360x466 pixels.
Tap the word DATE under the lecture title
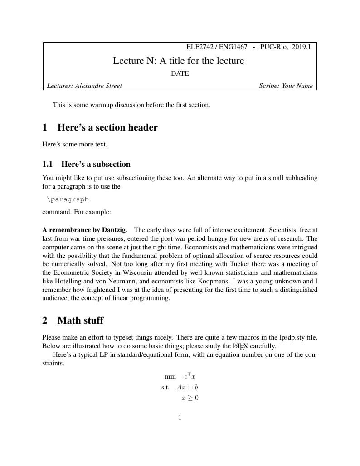(180, 73)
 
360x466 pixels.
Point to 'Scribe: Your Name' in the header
(286, 86)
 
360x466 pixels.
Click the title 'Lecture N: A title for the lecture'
(178, 61)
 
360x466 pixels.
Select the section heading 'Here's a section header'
(107, 127)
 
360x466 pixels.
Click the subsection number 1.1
(48, 164)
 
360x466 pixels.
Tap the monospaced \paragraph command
(68, 199)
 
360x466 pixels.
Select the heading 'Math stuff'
(80, 320)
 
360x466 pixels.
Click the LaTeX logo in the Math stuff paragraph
(240, 346)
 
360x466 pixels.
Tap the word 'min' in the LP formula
(170, 376)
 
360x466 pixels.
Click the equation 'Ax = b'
(187, 387)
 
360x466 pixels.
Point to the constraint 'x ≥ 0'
(190, 398)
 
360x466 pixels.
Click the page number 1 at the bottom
(180, 417)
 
